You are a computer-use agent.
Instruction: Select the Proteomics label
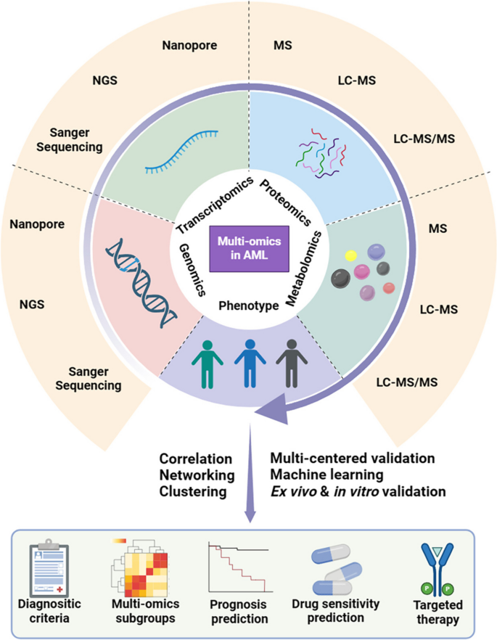point(286,202)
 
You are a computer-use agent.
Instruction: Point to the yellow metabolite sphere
point(350,255)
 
